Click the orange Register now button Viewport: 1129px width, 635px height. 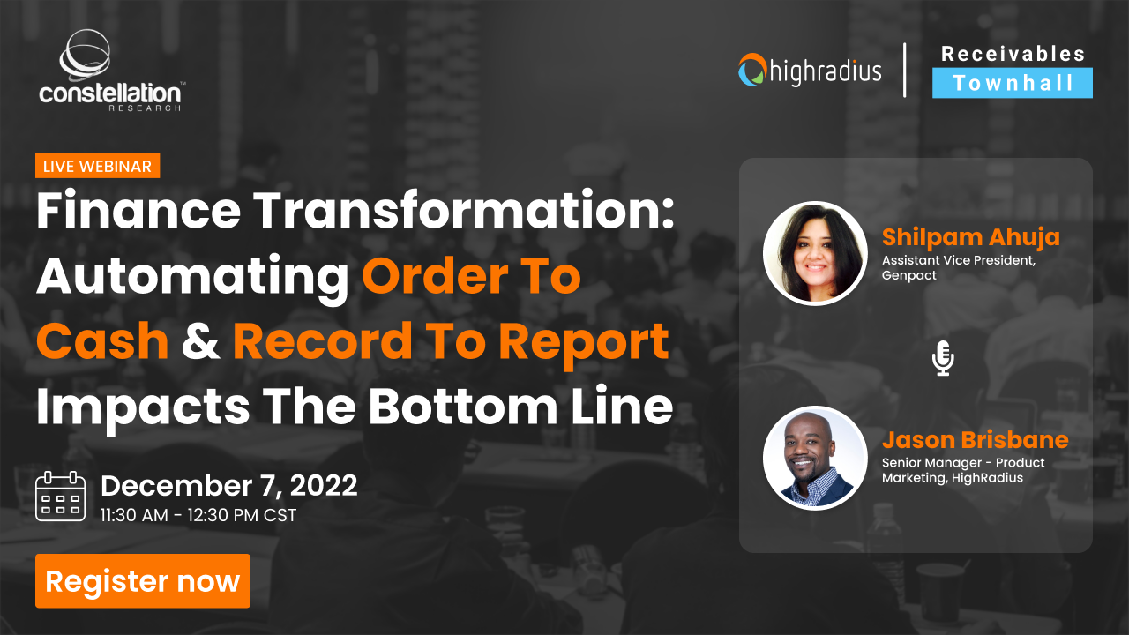click(x=143, y=581)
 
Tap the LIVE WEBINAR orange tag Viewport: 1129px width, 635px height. click(x=97, y=166)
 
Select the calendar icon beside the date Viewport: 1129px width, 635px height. click(x=60, y=497)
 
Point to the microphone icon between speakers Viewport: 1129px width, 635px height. click(x=943, y=359)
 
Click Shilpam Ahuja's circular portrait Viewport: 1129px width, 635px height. click(x=815, y=254)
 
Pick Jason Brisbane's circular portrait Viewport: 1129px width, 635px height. click(x=815, y=458)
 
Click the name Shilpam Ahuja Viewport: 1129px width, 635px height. click(x=970, y=237)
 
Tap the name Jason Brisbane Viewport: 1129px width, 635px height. click(x=975, y=440)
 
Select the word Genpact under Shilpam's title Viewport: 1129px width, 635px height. click(x=908, y=275)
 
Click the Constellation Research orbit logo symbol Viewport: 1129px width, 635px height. click(x=86, y=56)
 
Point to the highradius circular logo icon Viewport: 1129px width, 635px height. click(x=751, y=70)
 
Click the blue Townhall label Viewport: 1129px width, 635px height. click(x=1013, y=83)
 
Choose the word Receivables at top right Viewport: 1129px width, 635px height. click(x=1013, y=54)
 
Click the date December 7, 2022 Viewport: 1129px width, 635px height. click(x=229, y=486)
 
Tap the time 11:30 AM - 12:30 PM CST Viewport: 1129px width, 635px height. click(x=198, y=514)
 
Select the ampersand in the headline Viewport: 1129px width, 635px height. click(x=200, y=342)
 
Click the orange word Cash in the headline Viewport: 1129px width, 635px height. click(x=102, y=342)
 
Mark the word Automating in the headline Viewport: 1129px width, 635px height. click(x=192, y=277)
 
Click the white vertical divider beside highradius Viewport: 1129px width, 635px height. click(x=905, y=69)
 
